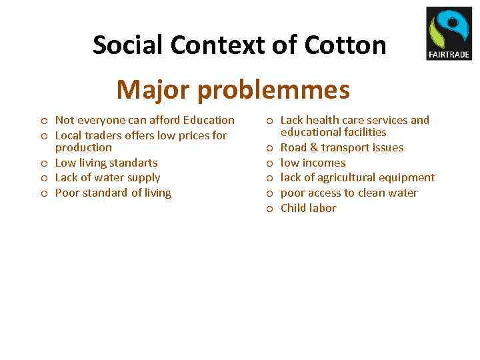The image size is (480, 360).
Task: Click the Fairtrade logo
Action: [448, 33]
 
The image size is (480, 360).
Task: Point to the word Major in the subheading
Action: [148, 89]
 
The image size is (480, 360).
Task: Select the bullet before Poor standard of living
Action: [43, 193]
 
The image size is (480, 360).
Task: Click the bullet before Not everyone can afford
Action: [43, 121]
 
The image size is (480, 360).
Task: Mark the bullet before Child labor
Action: [269, 209]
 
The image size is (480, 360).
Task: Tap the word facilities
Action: [363, 132]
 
